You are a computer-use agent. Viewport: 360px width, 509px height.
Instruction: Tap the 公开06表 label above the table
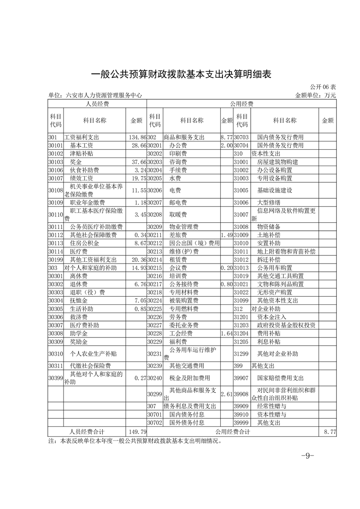(324, 87)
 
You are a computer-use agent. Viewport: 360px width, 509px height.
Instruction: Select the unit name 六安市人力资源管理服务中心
(95, 95)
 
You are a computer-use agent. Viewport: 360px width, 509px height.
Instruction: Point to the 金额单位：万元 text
(316, 95)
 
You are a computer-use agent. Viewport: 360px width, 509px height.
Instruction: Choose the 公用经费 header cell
(242, 104)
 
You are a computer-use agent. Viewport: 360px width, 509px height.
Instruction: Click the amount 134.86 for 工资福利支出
(137, 137)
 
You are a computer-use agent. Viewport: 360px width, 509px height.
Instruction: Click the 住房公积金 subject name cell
(84, 243)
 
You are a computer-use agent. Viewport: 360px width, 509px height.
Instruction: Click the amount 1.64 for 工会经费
(227, 333)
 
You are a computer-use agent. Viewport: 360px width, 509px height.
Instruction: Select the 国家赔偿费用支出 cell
(280, 377)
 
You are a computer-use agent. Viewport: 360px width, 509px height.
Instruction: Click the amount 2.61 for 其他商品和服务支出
(227, 394)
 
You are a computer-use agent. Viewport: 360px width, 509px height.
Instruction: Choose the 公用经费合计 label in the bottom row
(232, 431)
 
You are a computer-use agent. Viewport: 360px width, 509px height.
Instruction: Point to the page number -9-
(307, 456)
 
